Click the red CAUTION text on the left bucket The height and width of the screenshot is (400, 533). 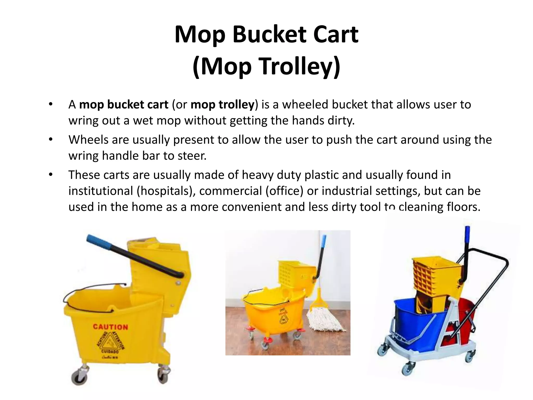[x=110, y=327]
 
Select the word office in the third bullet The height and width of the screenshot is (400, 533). [x=284, y=191]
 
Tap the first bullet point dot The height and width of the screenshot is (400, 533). [x=50, y=105]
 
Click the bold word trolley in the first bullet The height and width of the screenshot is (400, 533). [x=236, y=105]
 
